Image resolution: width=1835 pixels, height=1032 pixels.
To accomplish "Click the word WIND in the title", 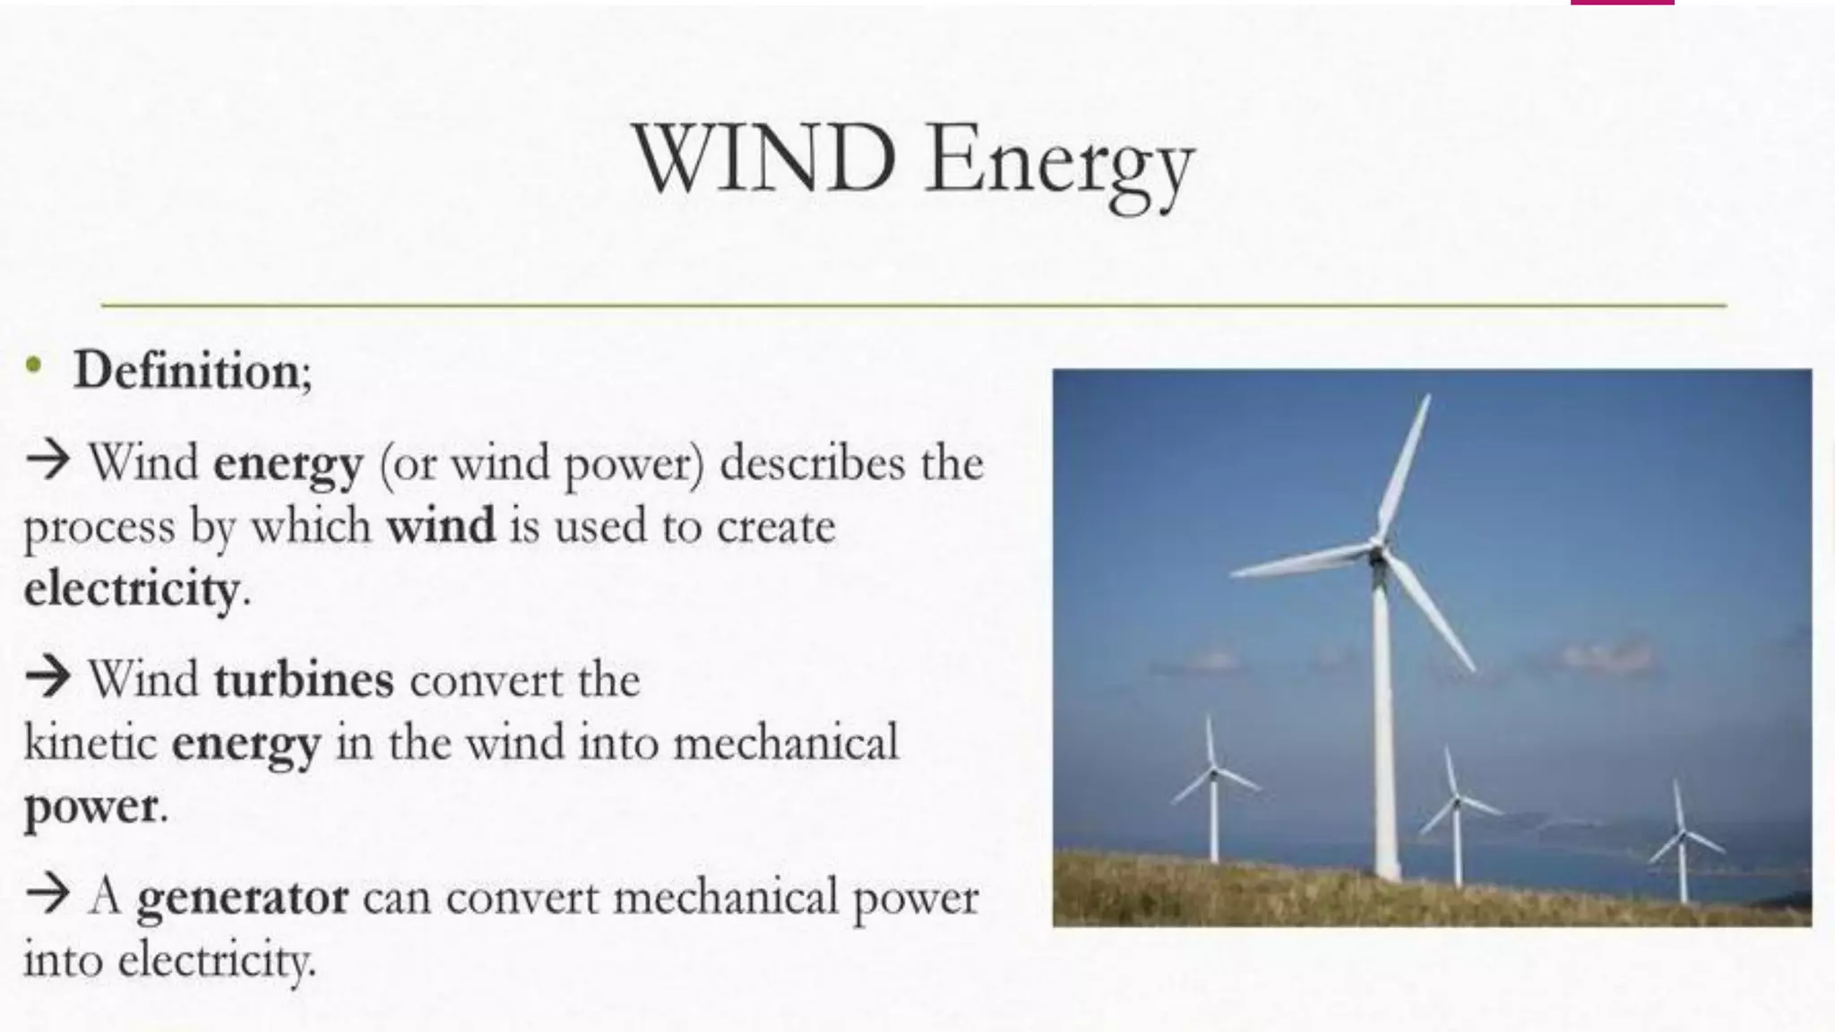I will pos(764,159).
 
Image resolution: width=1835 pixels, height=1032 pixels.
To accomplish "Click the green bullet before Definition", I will pos(34,364).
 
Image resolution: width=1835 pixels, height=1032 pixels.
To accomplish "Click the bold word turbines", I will pos(304,680).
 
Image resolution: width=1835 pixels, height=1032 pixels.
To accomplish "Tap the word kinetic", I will pos(90,744).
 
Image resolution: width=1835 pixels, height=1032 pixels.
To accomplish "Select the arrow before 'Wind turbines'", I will pos(47,676).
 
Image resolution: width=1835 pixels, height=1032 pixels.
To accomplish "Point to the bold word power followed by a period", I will pos(90,807).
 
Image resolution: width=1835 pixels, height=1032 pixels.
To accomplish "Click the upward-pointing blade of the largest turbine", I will pos(1404,466).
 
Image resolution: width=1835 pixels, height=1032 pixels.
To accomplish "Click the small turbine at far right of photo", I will pos(1682,838).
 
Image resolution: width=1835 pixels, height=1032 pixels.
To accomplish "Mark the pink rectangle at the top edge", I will pos(1622,3).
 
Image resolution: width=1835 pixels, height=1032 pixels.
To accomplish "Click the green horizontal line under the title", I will pos(914,305).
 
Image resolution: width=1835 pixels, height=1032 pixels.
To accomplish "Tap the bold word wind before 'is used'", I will pos(440,526).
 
